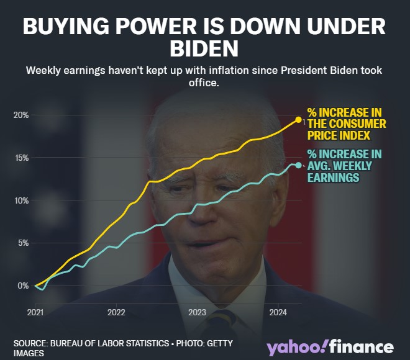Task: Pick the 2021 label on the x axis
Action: [36, 312]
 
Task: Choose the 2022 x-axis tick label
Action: [117, 312]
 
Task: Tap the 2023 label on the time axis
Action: [198, 312]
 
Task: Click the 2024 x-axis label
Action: [278, 312]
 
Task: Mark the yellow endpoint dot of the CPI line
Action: [298, 119]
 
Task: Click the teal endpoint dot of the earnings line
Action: [298, 165]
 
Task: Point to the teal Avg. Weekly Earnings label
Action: [345, 166]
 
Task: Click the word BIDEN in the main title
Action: [204, 49]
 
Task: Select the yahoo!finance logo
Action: [330, 347]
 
